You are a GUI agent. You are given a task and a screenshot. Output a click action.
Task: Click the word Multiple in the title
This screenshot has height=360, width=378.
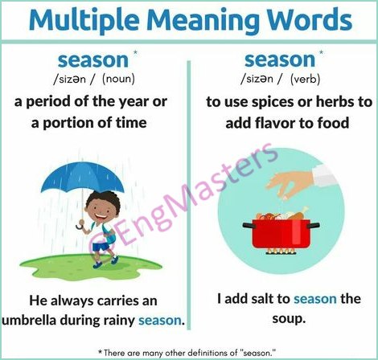(x=84, y=21)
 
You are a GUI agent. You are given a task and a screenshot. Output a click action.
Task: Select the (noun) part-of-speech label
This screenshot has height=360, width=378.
(x=118, y=80)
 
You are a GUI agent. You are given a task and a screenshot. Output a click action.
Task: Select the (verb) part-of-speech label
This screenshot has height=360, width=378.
(x=305, y=80)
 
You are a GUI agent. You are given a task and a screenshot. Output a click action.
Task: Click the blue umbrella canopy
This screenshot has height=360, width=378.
(x=82, y=176)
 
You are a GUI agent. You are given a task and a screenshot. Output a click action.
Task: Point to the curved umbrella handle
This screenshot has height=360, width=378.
(x=80, y=225)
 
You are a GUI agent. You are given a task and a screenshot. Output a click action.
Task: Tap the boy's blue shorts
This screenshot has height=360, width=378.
(x=101, y=246)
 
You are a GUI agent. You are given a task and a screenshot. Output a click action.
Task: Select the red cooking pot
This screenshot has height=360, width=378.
(x=281, y=234)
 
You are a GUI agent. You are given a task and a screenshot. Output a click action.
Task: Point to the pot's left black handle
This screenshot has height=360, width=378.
(x=248, y=225)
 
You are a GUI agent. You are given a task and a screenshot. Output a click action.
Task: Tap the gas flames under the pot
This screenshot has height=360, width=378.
(x=281, y=252)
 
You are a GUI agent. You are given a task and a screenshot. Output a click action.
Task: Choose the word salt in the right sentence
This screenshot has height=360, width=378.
(x=267, y=299)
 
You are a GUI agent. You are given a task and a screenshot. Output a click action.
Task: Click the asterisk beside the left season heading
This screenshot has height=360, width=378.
(x=135, y=52)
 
